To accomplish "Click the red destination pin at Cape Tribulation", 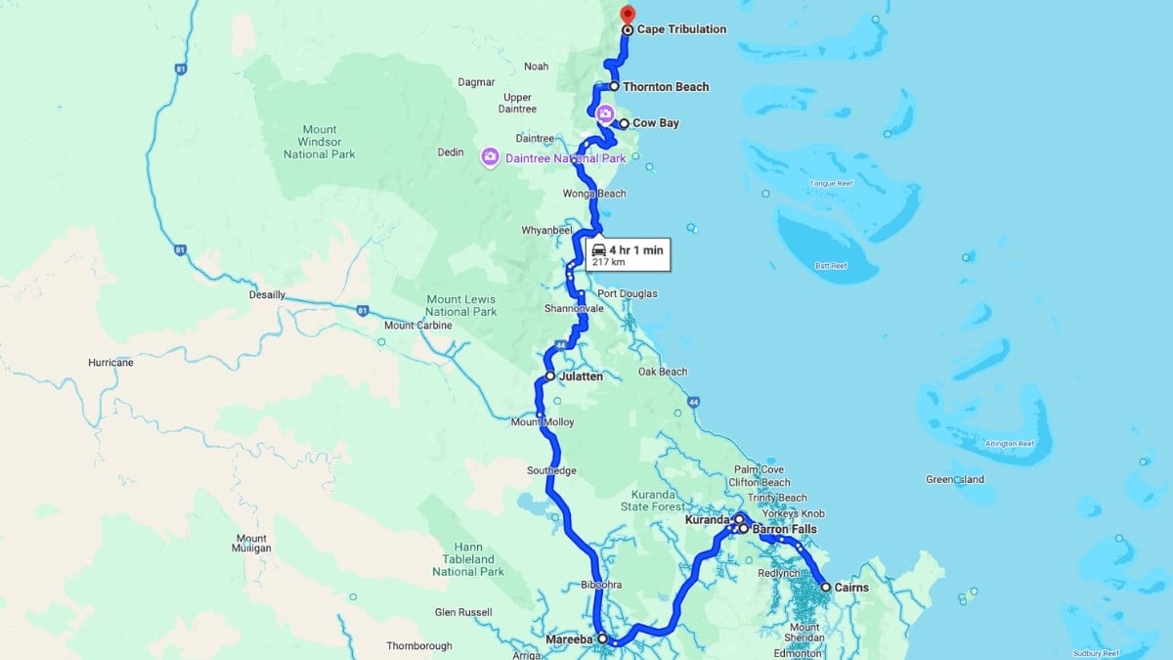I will [628, 14].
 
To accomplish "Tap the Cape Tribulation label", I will [681, 29].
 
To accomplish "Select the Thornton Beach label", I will [666, 87].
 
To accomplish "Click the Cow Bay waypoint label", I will [655, 123].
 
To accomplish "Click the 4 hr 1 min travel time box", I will [628, 255].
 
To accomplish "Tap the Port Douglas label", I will [628, 293].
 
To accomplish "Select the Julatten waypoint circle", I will [550, 376].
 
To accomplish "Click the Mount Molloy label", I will [543, 422].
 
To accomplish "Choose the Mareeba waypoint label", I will [568, 639].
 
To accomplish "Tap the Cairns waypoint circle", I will [826, 588].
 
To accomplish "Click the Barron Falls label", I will [784, 529].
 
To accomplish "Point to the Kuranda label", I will [708, 520].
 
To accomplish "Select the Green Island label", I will [955, 479].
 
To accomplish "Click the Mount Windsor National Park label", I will [320, 142].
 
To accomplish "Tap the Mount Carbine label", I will [418, 326].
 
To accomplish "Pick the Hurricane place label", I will [110, 363].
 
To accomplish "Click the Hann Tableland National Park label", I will [467, 559].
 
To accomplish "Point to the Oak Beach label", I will [663, 372].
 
